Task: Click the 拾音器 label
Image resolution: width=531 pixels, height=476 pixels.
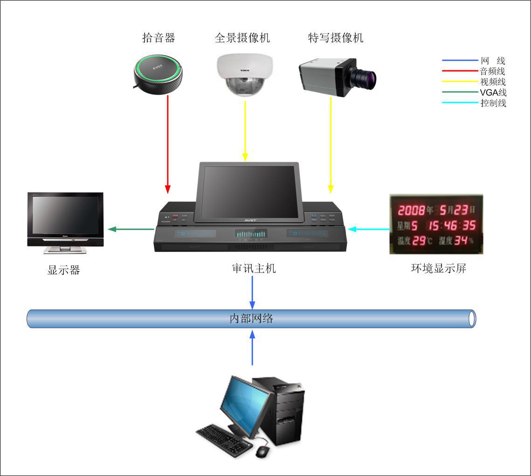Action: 159,38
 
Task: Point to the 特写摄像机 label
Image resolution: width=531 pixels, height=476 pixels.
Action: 335,38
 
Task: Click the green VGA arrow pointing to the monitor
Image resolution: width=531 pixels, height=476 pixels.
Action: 131,229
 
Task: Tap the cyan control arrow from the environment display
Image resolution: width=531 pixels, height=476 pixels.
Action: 368,229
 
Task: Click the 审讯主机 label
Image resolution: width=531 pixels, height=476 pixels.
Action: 254,268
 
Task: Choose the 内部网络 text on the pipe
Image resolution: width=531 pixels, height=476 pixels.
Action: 252,319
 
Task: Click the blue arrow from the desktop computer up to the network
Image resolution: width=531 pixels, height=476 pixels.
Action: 252,347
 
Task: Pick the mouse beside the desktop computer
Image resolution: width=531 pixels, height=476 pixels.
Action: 262,451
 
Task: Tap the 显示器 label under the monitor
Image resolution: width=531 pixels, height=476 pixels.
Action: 63,270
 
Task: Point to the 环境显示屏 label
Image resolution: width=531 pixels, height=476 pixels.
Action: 438,268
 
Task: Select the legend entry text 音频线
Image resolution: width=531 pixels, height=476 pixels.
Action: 492,71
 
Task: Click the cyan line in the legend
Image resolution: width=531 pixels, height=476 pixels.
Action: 459,102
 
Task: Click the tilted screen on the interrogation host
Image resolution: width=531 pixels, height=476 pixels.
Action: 249,191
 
